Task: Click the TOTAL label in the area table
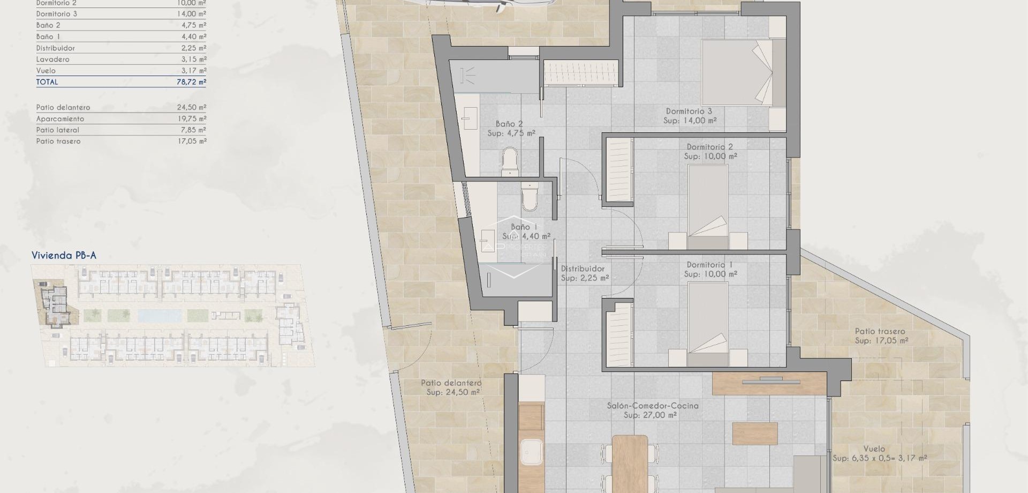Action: coord(47,82)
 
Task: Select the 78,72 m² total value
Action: coord(191,82)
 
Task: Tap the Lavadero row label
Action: coord(52,59)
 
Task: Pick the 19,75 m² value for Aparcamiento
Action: coord(191,119)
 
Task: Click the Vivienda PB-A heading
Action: coord(64,256)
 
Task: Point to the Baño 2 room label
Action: coord(509,124)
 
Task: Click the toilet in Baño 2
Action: coord(510,161)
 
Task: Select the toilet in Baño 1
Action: coord(530,197)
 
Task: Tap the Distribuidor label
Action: coord(583,269)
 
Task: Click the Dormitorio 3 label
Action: coord(689,111)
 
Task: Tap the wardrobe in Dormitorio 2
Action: coord(618,170)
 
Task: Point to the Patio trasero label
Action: coord(880,332)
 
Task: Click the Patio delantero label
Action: coord(451,383)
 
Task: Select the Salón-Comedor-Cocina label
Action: coord(652,406)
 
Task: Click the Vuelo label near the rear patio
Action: coord(874,449)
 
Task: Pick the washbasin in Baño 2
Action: coord(470,117)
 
